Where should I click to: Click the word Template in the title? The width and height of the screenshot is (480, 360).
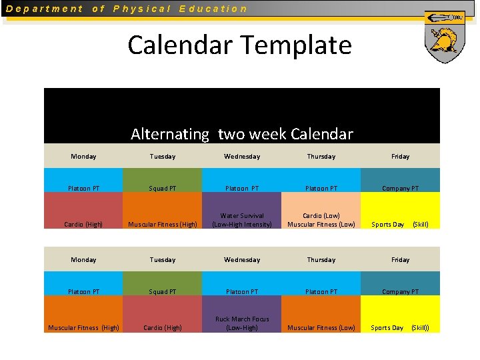[x=295, y=45]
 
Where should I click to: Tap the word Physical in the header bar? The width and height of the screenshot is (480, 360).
[x=142, y=9]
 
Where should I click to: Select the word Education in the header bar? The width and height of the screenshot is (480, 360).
[x=213, y=9]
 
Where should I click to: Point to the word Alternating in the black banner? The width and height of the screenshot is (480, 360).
[x=170, y=134]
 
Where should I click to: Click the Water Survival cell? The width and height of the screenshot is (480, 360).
[x=242, y=211]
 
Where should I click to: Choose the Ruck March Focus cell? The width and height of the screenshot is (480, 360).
[x=242, y=314]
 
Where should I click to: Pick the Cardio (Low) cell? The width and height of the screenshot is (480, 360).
[x=321, y=211]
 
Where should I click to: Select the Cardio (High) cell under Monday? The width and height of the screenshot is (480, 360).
[x=83, y=211]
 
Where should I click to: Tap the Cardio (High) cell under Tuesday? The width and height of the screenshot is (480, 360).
[x=163, y=314]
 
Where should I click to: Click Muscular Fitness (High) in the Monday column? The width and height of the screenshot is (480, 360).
[x=83, y=314]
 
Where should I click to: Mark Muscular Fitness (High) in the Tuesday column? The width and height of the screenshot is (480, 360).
[x=163, y=211]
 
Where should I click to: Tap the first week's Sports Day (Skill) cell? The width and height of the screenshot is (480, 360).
[x=400, y=211]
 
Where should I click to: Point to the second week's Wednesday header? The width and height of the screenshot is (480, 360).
[x=242, y=259]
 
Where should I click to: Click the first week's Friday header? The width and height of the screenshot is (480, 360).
[x=400, y=156]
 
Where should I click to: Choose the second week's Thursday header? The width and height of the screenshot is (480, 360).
[x=321, y=259]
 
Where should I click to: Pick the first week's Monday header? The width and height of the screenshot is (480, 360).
[x=83, y=156]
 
